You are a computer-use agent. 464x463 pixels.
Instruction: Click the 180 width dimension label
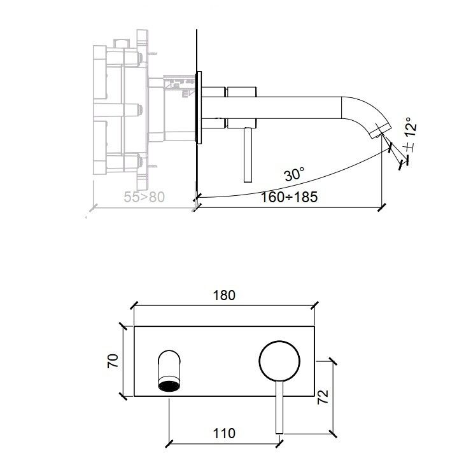point(224,295)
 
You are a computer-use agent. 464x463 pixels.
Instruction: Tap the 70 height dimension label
point(113,361)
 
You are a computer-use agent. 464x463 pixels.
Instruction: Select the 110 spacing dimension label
point(224,434)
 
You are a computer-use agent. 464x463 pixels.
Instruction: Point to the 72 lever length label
point(323,397)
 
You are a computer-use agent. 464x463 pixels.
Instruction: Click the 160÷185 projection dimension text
point(289,197)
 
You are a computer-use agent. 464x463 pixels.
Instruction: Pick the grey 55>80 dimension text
point(144,197)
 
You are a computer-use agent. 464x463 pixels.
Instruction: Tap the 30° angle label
point(294,174)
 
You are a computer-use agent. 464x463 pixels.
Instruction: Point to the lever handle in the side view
point(248,155)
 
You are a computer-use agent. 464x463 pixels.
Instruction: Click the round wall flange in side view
point(199,107)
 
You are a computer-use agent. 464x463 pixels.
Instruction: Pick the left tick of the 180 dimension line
point(134,305)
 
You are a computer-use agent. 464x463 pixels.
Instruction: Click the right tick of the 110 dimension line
point(279,444)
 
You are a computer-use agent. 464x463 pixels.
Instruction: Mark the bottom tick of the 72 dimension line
point(333,434)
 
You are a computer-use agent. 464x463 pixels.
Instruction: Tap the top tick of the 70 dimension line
point(123,326)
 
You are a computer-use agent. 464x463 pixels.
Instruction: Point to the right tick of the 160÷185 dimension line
point(382,207)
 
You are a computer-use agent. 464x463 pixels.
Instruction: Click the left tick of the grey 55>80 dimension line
point(94,208)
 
